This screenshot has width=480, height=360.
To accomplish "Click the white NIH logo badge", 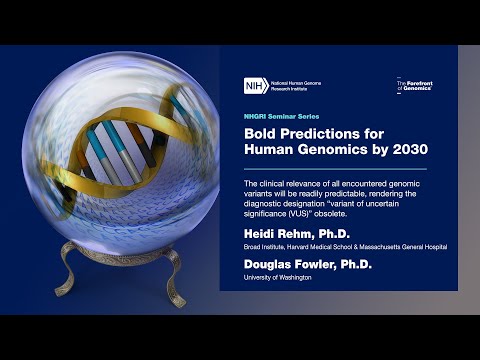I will coord(254,86).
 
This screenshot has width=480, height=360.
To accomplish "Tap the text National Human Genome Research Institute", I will coord(294,86).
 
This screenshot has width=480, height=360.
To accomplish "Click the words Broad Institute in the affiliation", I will coord(262,246).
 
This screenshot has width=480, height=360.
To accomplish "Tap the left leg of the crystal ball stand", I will coord(71,279).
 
